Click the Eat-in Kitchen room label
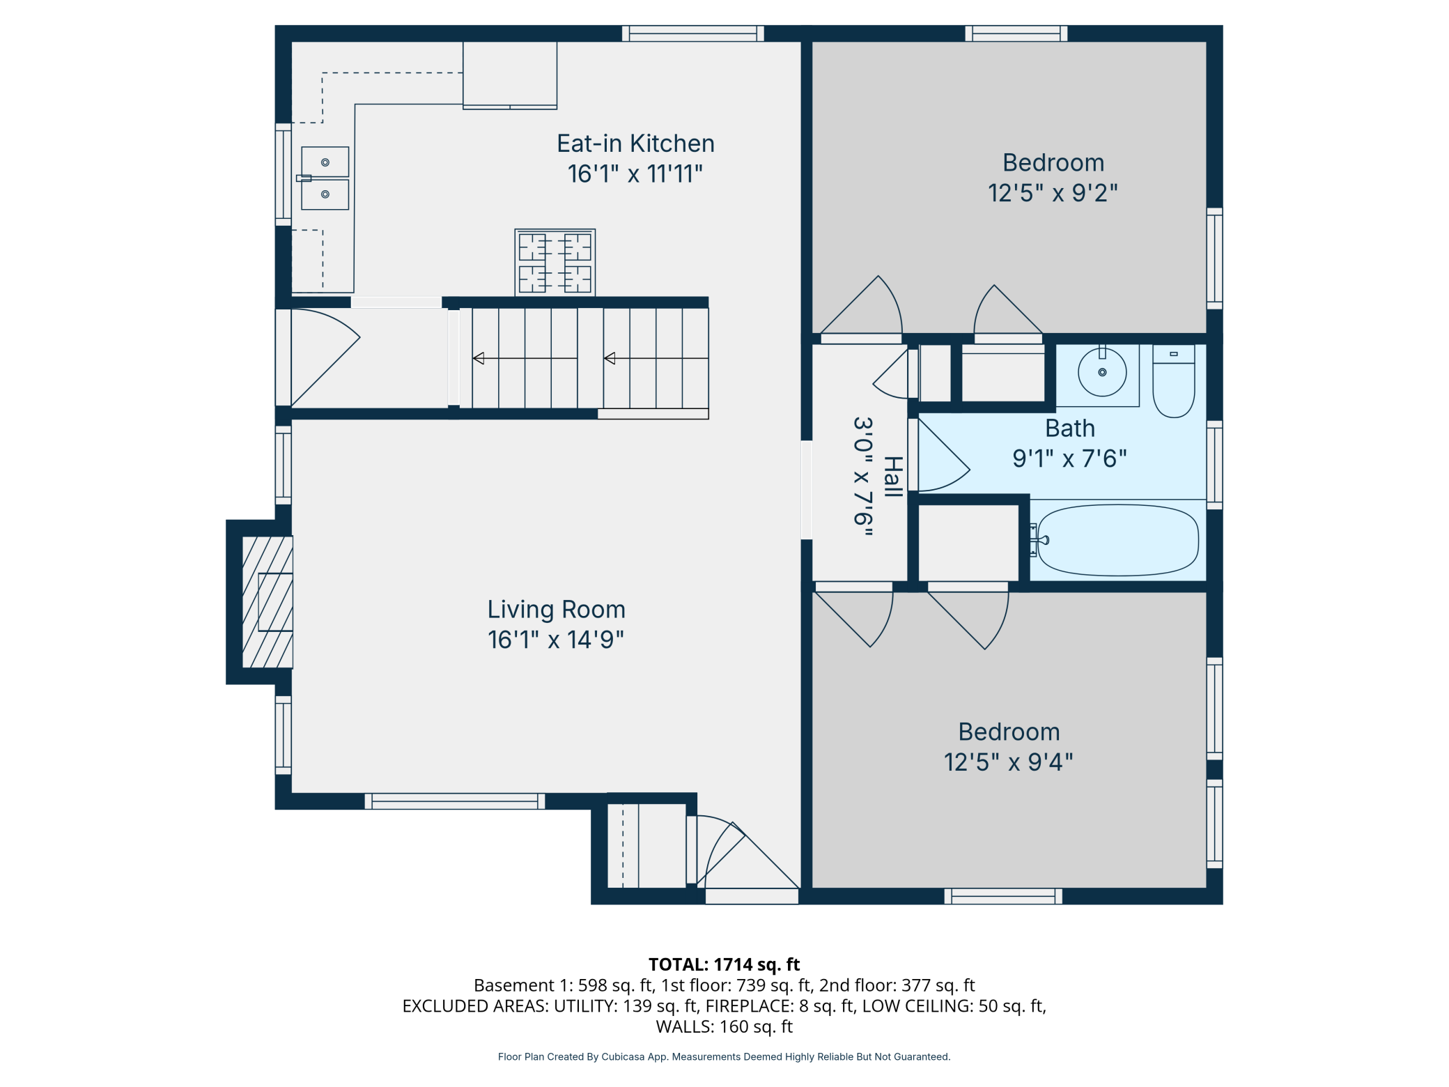[x=635, y=144]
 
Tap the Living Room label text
[x=556, y=610]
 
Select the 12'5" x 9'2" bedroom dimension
[x=1053, y=193]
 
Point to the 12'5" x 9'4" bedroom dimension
[x=1008, y=762]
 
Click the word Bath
[x=1069, y=429]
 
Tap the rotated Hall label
[x=892, y=477]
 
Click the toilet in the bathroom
[x=1174, y=381]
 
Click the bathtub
[x=1117, y=540]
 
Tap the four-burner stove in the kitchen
[x=555, y=263]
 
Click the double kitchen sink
[x=325, y=178]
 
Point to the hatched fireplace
[x=268, y=602]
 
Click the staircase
[x=584, y=358]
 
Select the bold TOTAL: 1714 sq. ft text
[x=724, y=964]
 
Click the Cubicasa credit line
[x=724, y=1057]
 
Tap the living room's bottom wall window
[x=455, y=801]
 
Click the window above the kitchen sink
[x=283, y=175]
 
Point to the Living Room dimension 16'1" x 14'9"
[x=556, y=640]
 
